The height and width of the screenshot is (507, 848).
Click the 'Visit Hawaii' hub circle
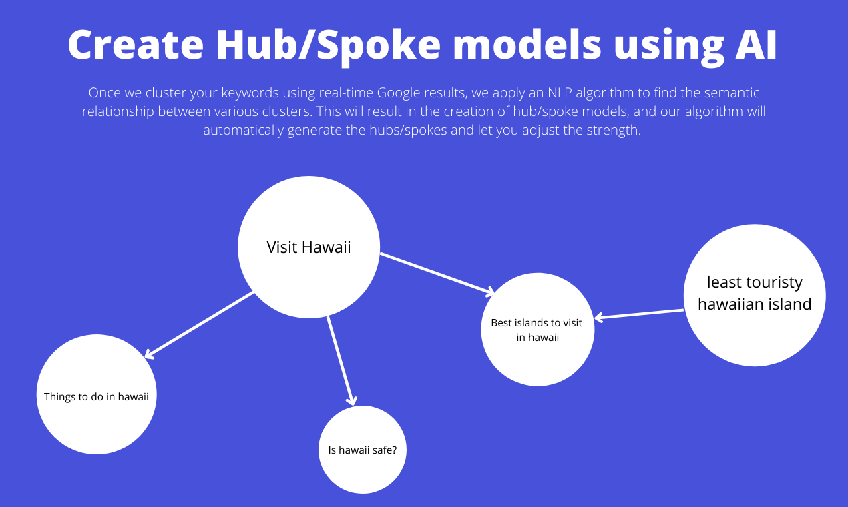(x=308, y=247)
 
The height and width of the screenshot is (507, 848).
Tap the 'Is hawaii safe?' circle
(x=363, y=450)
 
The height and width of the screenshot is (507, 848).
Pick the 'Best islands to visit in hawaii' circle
(x=538, y=330)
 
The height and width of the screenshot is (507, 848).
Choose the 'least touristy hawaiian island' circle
(x=755, y=295)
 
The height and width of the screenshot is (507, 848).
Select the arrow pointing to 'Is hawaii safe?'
(x=340, y=361)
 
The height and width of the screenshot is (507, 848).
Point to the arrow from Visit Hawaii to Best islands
(x=437, y=273)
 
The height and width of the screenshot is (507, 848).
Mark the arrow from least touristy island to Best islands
(x=639, y=314)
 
